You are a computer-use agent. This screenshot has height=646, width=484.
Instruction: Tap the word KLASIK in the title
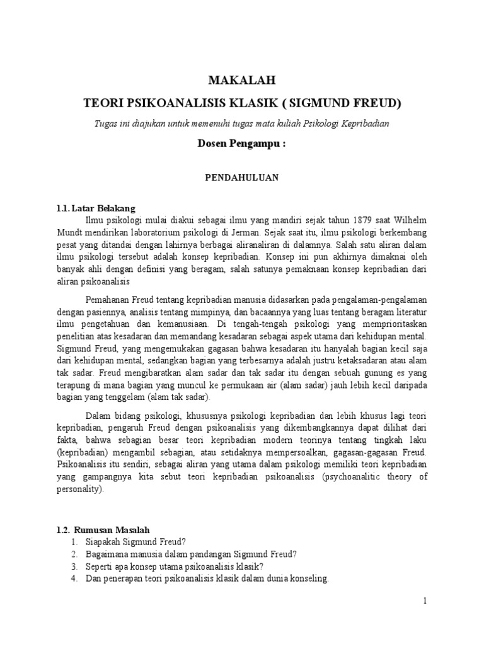coord(275,102)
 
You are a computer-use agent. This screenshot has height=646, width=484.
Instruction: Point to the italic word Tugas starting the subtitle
coord(104,123)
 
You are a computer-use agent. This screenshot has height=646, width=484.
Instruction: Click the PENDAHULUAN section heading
coord(242,178)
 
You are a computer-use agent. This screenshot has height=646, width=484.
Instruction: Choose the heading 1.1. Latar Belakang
coord(95,209)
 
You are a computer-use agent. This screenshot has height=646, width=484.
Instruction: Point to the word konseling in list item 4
coord(309,578)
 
